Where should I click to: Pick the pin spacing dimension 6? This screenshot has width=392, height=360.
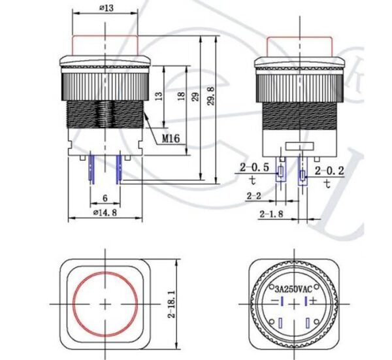(x=105, y=195)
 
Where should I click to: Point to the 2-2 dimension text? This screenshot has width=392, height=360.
(x=255, y=195)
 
